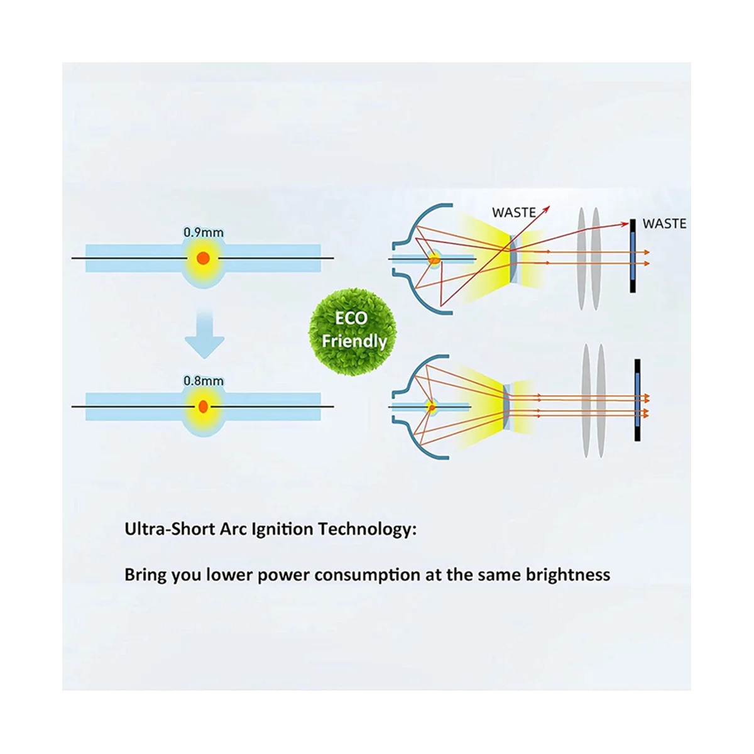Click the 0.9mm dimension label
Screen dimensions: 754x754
[204, 232]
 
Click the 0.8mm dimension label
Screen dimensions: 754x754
[204, 381]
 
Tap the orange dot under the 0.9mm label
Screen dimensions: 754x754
[203, 258]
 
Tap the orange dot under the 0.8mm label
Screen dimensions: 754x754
[203, 407]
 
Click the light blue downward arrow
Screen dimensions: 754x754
[205, 334]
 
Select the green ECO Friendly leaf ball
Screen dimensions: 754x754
[352, 332]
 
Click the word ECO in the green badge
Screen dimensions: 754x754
[351, 318]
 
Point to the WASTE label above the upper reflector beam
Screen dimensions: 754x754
[514, 212]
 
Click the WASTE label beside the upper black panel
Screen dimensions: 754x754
[664, 224]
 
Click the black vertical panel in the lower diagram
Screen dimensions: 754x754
[637, 400]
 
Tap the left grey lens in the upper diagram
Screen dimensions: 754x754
[581, 259]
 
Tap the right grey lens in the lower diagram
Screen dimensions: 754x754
[601, 401]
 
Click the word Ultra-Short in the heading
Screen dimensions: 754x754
[170, 530]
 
